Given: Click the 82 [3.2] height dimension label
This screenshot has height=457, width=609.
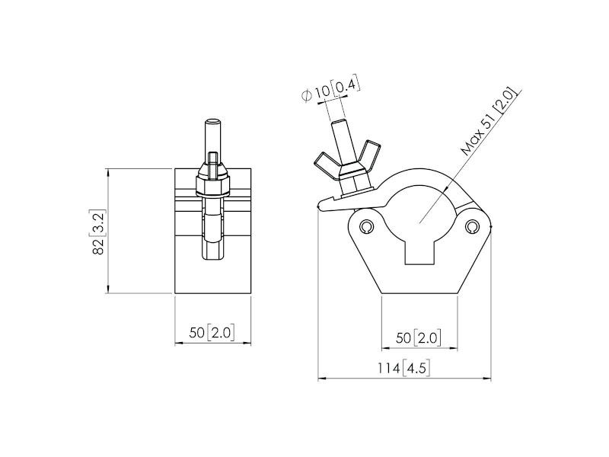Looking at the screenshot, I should click(x=98, y=232).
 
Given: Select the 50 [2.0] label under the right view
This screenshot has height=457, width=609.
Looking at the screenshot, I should click(x=418, y=337).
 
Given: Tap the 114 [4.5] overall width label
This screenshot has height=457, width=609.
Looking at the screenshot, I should click(x=404, y=369).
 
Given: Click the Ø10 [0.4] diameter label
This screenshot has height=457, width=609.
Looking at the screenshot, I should click(x=329, y=91).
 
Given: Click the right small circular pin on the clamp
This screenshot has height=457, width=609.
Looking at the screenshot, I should click(x=473, y=227).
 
